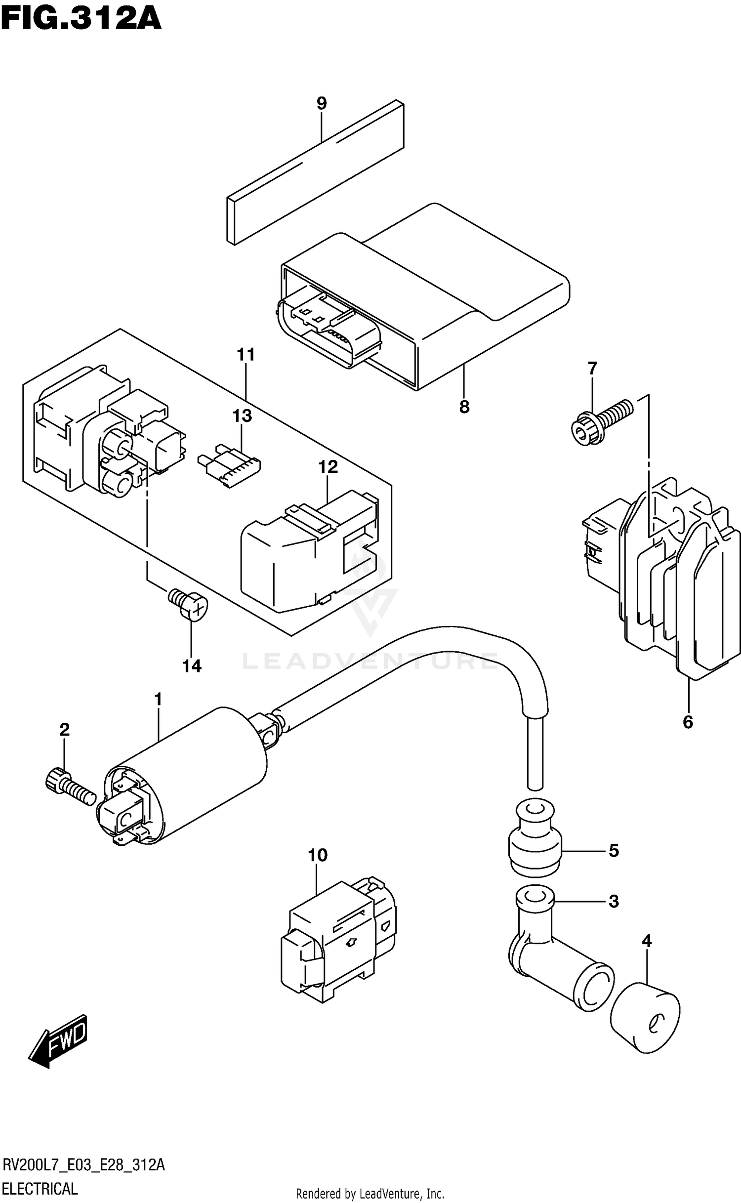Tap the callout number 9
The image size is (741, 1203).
tap(321, 103)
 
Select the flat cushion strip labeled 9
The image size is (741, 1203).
tap(316, 173)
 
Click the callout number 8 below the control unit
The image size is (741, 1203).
tap(464, 407)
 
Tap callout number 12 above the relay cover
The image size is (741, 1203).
tap(328, 466)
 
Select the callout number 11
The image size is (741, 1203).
tap(246, 354)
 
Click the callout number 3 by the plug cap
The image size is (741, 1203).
tap(614, 902)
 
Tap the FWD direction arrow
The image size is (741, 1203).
tap(59, 1039)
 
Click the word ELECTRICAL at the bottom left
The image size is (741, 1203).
tap(40, 1188)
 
